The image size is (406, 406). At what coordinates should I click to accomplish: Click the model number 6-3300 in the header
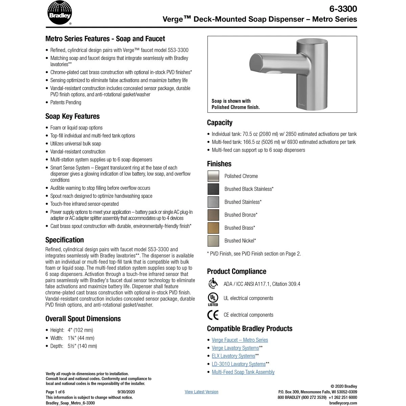(343, 8)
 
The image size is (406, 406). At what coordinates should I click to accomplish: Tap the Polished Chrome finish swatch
(213, 176)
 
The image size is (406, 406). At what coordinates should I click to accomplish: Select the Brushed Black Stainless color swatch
(213, 189)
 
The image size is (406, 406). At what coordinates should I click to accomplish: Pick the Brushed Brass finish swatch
(213, 228)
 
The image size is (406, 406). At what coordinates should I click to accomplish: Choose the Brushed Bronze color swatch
(213, 215)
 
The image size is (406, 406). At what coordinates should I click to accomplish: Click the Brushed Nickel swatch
(213, 241)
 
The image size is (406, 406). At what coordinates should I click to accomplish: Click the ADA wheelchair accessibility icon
(213, 283)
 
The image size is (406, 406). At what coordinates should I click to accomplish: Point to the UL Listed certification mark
(213, 299)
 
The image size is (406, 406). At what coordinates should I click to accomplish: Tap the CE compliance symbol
(213, 315)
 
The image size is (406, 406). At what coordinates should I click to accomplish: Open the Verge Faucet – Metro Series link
(240, 340)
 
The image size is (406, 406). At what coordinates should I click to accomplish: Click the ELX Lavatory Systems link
(233, 356)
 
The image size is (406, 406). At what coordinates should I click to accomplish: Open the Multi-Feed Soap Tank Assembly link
(243, 372)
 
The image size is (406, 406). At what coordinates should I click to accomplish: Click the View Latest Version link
(201, 392)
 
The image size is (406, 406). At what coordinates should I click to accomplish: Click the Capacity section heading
(220, 122)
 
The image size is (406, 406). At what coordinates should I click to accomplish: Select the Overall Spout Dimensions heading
(83, 319)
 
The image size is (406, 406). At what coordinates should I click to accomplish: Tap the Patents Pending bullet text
(66, 103)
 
